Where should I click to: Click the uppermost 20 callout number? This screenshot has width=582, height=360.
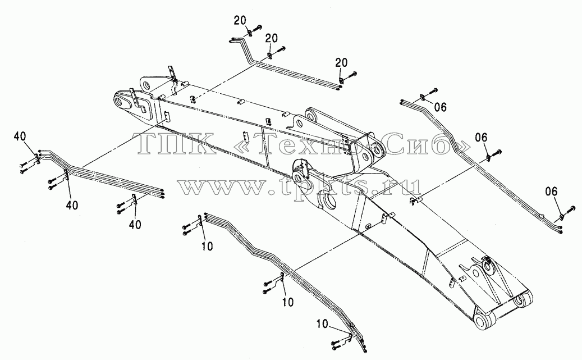click(x=240, y=20)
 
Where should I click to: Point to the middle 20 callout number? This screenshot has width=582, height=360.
click(x=271, y=38)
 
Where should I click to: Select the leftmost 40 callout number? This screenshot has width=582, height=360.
click(x=20, y=136)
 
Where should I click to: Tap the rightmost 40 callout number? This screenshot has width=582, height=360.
click(x=135, y=225)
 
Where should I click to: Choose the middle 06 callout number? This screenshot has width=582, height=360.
click(x=481, y=138)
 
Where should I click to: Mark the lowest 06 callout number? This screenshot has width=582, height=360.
click(x=551, y=192)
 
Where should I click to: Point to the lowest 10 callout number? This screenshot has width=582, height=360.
click(x=323, y=324)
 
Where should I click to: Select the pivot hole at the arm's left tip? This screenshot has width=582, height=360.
click(x=121, y=101)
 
